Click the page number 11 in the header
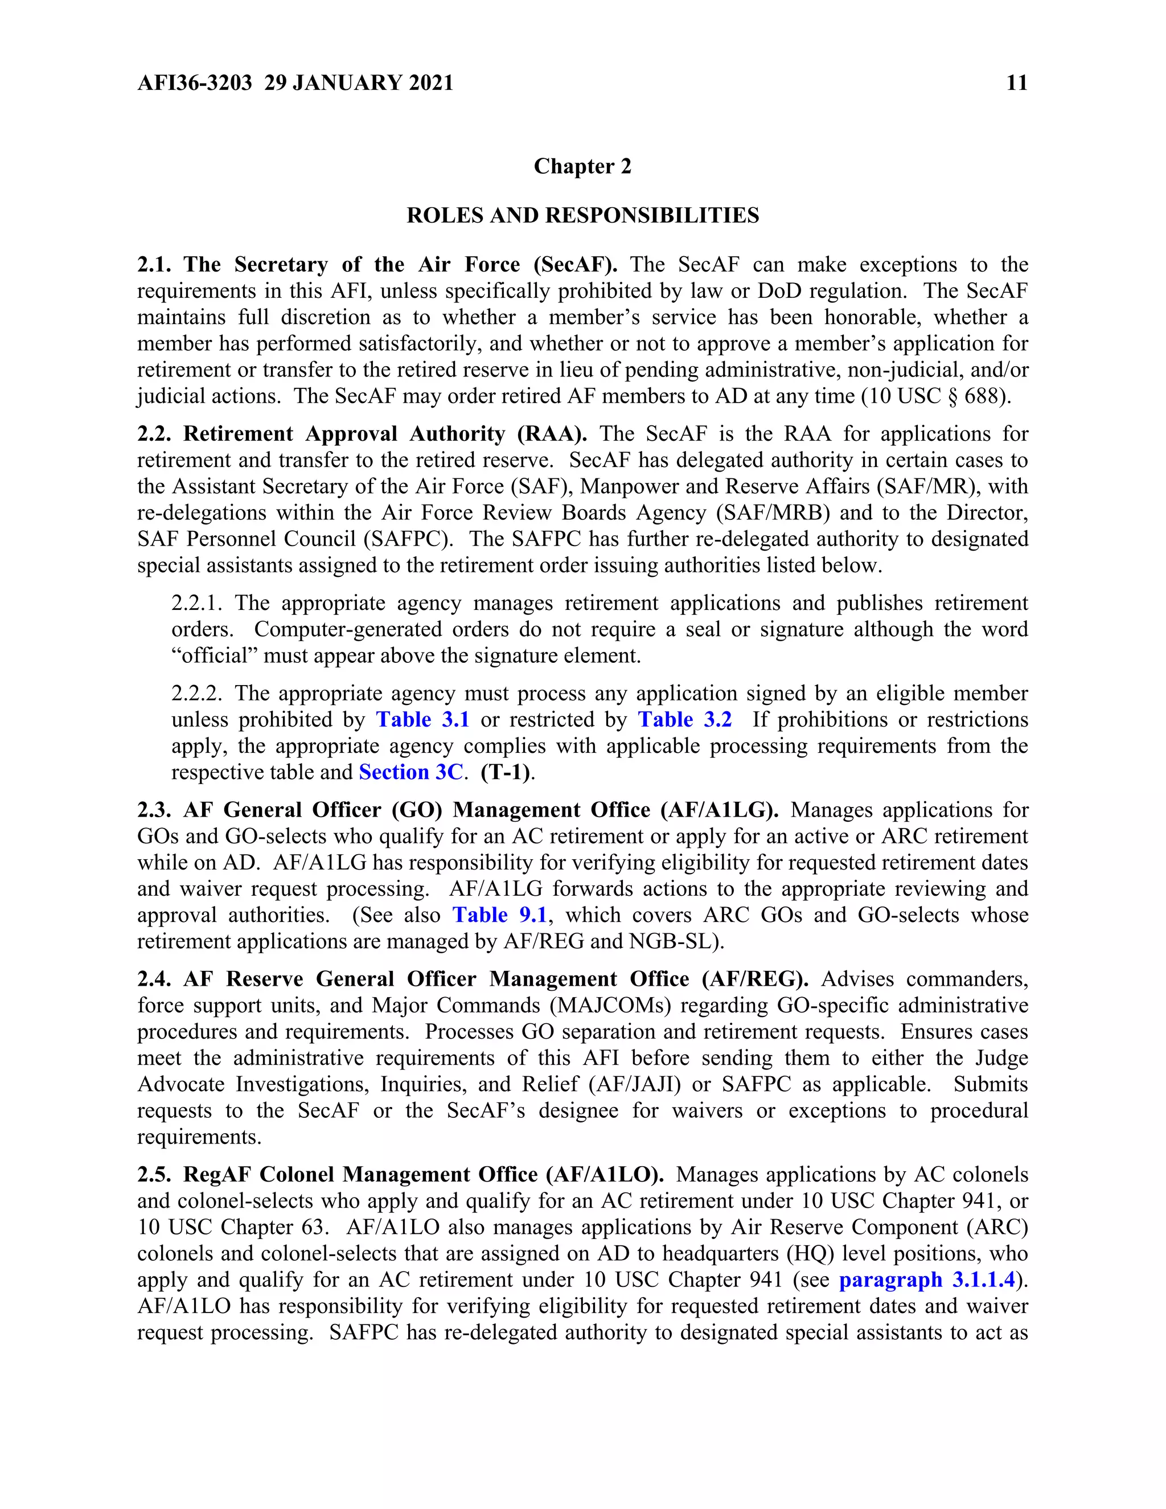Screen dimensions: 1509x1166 1017,83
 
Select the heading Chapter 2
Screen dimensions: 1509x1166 582,166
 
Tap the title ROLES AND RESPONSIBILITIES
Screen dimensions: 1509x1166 582,216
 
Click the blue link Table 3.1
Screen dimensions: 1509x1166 423,720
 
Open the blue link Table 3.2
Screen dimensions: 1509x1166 684,720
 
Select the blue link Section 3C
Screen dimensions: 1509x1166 411,773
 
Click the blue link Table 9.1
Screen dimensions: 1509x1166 499,916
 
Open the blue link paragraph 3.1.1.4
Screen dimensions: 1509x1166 927,1280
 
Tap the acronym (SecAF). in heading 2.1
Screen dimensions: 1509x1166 576,265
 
